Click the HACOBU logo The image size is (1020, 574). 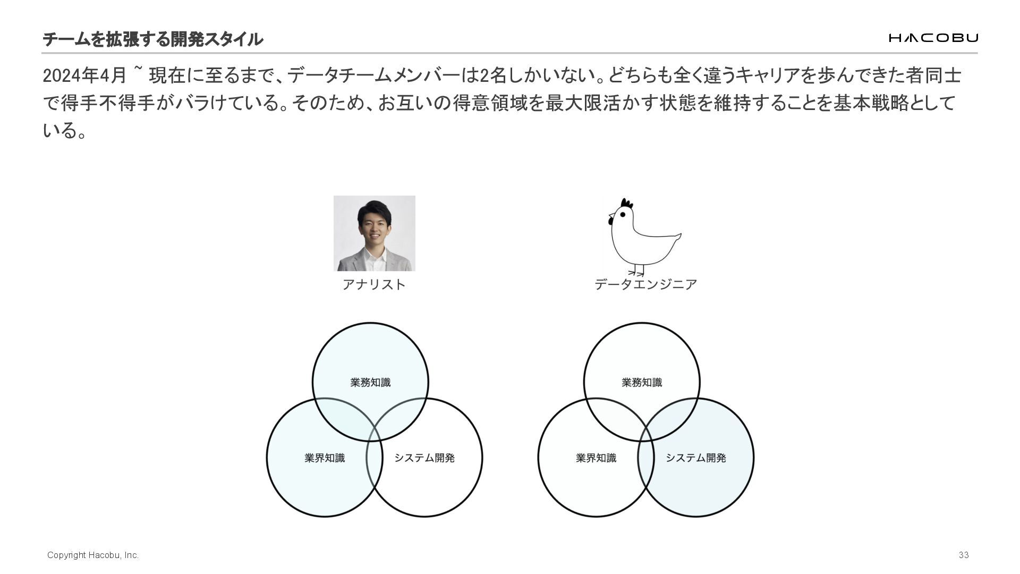tap(933, 38)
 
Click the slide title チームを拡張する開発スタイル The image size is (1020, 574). tap(152, 39)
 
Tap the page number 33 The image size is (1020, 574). tap(964, 555)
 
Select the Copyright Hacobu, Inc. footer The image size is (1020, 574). tap(93, 555)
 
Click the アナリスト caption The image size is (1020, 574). tap(374, 284)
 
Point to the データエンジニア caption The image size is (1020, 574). tap(645, 284)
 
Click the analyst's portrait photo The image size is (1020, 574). tap(374, 233)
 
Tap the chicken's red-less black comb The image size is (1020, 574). tap(627, 204)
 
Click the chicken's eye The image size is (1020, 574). tap(623, 215)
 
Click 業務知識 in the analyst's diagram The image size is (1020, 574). tap(370, 382)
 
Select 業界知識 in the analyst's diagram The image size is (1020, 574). tap(325, 458)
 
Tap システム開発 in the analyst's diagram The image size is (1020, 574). tap(424, 458)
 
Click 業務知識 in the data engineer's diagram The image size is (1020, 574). tap(642, 382)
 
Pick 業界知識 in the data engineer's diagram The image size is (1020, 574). tap(596, 458)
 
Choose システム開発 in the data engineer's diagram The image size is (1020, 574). tap(696, 458)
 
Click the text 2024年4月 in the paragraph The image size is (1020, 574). tap(84, 76)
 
